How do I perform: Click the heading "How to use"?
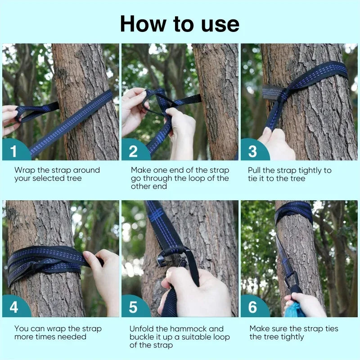click(180, 24)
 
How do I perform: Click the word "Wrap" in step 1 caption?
click(25, 171)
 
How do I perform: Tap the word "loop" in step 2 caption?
click(197, 179)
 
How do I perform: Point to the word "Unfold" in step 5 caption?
click(142, 329)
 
